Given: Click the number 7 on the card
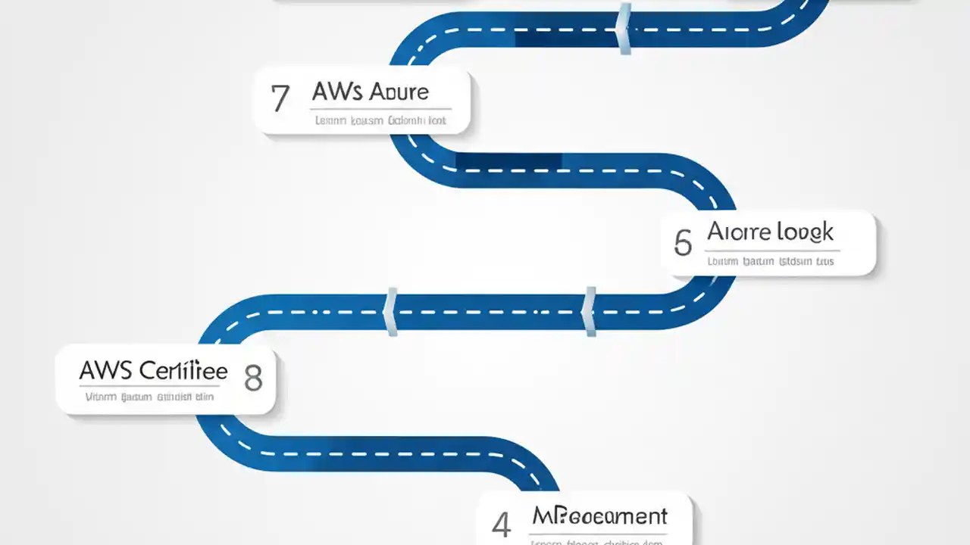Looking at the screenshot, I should point(280,99).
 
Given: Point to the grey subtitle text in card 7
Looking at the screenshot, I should point(380,120).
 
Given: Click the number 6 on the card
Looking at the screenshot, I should point(682,243).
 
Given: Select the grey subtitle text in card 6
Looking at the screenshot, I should point(770,262).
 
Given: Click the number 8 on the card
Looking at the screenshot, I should point(253,377).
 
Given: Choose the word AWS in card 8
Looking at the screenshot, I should point(105,371).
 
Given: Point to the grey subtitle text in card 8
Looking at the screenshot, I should point(149,397).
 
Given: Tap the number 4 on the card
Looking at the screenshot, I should point(501,525).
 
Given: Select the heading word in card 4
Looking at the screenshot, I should point(599,516).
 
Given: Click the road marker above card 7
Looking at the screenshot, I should point(624,29).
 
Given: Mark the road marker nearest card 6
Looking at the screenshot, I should point(590,311).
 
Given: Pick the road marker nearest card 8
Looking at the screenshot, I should point(392,311).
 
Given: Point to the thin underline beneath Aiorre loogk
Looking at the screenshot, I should point(773,250).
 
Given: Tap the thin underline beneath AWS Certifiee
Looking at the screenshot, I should point(149,386).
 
